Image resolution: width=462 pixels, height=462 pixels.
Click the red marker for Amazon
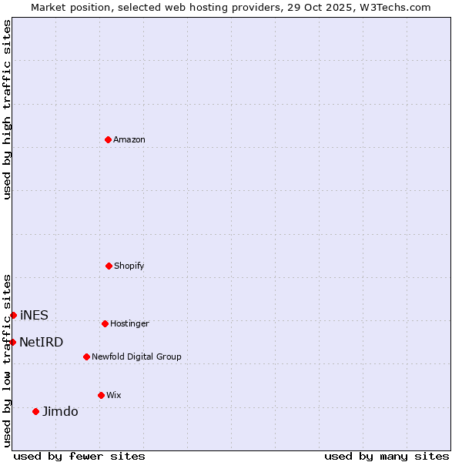point(109,139)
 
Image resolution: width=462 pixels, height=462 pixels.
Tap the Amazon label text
point(129,140)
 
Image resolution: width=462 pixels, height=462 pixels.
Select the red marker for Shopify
point(109,266)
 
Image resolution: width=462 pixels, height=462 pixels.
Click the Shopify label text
point(129,266)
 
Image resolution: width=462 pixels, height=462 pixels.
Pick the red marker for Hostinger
point(105,323)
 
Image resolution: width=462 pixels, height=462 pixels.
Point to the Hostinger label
point(129,324)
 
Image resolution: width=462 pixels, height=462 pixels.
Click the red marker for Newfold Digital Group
point(86,357)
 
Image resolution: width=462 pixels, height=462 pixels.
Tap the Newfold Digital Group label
point(136,357)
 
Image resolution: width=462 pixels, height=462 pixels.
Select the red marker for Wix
point(101,395)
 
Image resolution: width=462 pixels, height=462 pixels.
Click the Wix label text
point(114,396)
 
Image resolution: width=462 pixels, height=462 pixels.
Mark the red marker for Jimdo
point(35,411)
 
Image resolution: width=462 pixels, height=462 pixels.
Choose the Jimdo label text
point(60,412)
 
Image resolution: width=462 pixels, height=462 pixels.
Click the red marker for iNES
point(13,315)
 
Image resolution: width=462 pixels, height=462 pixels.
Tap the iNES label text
point(34,316)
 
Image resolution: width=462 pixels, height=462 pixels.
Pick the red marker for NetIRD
point(12,342)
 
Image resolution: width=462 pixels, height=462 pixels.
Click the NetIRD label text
point(42,343)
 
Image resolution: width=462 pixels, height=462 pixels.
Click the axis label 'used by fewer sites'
point(79,456)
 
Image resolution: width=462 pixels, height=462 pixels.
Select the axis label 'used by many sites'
point(387,456)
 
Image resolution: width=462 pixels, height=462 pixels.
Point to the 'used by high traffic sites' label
point(7,109)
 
